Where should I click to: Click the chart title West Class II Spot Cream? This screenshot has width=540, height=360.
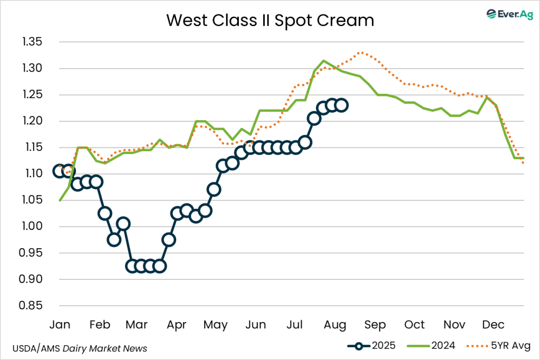[x=270, y=20]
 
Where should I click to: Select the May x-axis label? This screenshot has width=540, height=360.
[x=216, y=324]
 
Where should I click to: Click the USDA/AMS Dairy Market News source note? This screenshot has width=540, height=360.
[x=80, y=348]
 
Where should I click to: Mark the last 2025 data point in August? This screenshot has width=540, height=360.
[x=342, y=105]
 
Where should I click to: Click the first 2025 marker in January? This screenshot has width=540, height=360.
[x=60, y=171]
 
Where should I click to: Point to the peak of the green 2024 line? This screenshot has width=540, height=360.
[x=324, y=61]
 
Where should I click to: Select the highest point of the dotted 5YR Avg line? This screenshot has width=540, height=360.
[x=361, y=53]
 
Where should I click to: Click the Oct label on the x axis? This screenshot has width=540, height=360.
[x=414, y=324]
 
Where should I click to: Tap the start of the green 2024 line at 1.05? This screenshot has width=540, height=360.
[x=60, y=200]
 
